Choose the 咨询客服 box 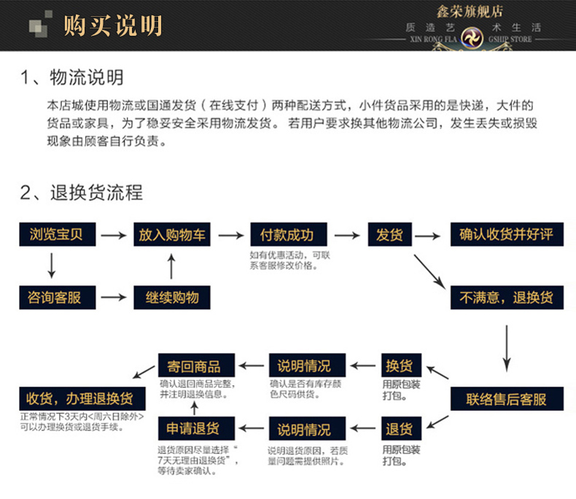pos(51,297)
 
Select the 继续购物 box pos(171,297)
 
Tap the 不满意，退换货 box pos(507,297)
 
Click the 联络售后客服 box pos(507,398)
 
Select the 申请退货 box pos(192,428)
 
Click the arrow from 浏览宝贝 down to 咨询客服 pos(51,266)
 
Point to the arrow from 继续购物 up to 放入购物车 pos(171,266)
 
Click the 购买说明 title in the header pos(113,26)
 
